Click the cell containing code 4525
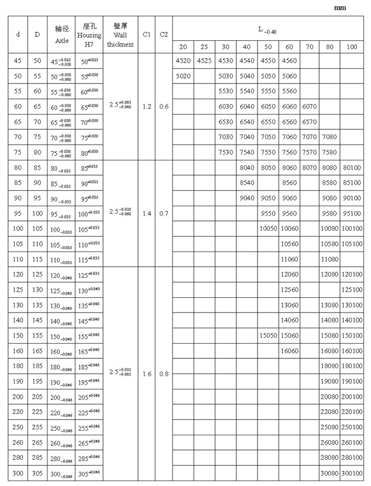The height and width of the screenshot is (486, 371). coord(205,61)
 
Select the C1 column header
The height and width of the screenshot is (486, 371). coord(146,34)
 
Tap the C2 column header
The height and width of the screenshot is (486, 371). coord(164,34)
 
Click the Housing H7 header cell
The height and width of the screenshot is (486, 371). coord(88,34)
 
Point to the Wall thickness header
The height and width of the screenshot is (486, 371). coord(120,34)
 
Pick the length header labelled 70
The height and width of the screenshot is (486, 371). coord(309,47)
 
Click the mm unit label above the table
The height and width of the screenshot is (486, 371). coord(340,8)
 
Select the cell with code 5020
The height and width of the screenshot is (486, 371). coord(183,76)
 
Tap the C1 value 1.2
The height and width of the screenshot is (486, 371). coord(146,106)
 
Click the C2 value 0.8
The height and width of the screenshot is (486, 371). coord(164,374)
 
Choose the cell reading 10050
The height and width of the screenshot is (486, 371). coord(268,229)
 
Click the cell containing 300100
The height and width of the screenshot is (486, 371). coord(351,473)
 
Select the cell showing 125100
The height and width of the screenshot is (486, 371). coord(351,290)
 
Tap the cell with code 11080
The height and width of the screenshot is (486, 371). coord(330,259)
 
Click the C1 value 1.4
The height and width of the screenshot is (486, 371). coord(146,213)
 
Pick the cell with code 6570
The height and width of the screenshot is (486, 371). coord(309,122)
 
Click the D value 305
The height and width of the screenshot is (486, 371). coord(37,473)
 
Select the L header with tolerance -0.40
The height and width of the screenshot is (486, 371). coord(267,28)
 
